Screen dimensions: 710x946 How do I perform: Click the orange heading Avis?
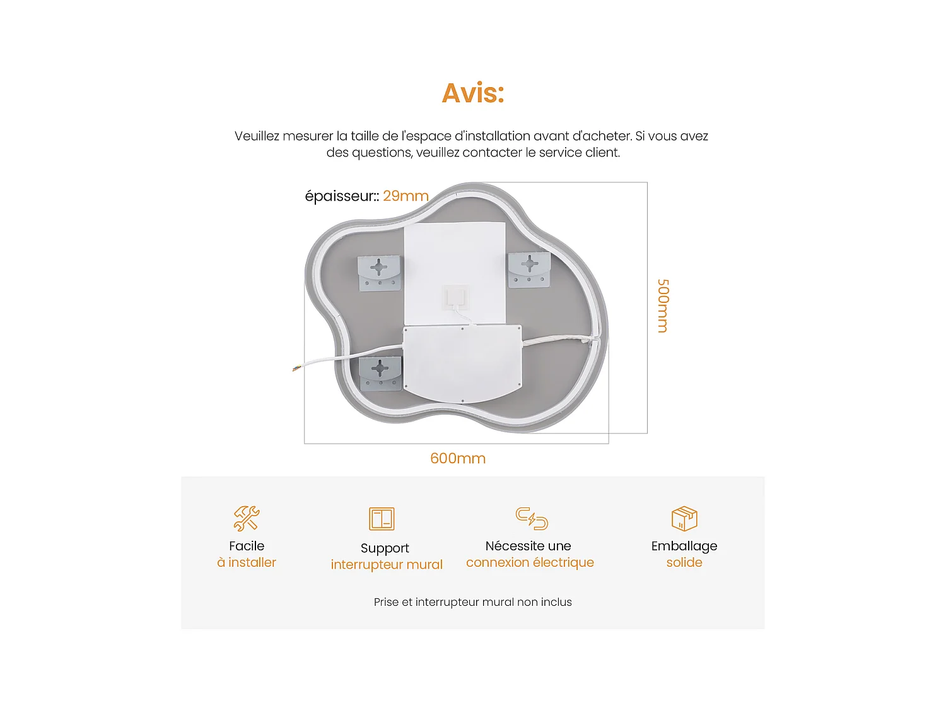point(473,93)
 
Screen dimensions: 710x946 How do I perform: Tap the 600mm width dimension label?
point(458,459)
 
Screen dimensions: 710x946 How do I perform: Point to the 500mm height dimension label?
point(663,305)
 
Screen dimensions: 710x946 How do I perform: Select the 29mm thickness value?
point(406,196)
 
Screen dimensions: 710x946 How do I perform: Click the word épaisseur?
point(339,196)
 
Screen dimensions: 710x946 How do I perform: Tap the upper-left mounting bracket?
point(379,273)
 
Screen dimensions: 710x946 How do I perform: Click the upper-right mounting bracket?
point(529,269)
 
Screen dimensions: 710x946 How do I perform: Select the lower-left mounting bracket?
point(380,372)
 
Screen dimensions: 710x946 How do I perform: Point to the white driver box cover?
point(462,363)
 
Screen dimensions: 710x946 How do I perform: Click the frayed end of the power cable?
point(295,368)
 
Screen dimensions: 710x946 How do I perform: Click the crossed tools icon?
point(247,518)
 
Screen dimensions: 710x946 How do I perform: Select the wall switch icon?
point(382,519)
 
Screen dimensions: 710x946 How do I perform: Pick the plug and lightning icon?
point(532,518)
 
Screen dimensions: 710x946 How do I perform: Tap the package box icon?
point(684,518)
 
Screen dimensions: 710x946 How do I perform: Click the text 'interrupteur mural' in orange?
point(387,565)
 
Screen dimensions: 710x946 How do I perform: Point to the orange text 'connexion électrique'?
point(530,563)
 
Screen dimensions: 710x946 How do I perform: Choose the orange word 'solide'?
point(684,563)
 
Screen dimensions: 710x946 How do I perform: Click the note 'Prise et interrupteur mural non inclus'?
point(473,602)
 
